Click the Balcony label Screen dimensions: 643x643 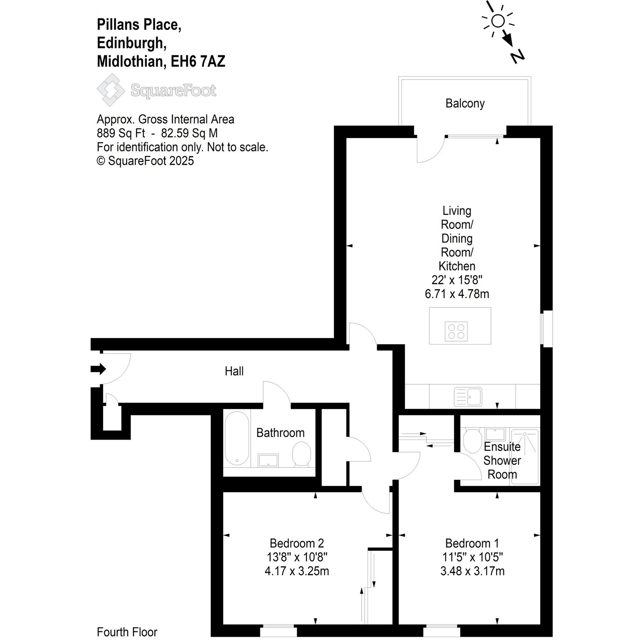tap(465, 103)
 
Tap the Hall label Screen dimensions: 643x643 tap(234, 371)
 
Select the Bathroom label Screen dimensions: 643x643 tap(280, 432)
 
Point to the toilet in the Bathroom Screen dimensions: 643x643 tap(301, 455)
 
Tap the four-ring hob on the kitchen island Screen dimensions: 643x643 tap(456, 331)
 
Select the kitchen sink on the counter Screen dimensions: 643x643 tap(468, 396)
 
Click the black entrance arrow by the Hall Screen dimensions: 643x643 tap(98, 369)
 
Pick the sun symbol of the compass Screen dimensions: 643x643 tap(498, 21)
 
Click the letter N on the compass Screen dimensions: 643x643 tap(517, 56)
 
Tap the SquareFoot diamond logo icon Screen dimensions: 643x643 tap(111, 90)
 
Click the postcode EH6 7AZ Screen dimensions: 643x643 tap(198, 62)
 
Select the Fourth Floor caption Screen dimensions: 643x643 tap(127, 632)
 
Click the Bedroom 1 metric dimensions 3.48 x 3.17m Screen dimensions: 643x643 tap(472, 571)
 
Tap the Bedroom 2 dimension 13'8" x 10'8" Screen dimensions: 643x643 tap(297, 557)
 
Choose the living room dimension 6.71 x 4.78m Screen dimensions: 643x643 tap(457, 294)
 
